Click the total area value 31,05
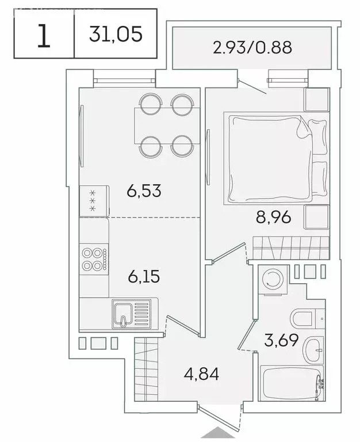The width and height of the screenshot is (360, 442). coord(115,34)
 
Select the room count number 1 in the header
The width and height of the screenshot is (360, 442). coord(43,35)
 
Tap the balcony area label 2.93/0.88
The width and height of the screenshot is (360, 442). coord(252,47)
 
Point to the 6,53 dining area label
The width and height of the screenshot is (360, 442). coord(144,190)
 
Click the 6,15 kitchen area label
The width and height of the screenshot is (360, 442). coord(144,276)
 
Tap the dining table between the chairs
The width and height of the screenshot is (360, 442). coord(166,125)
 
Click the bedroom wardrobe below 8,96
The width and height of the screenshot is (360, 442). coord(290,247)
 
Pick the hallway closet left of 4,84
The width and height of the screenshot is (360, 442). coord(146,369)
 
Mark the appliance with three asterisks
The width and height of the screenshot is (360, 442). coord(91,201)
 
